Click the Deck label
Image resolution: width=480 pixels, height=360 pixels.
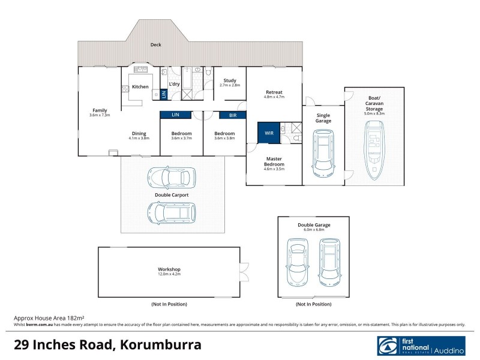point(156,44)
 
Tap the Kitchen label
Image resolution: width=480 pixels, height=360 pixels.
point(140,87)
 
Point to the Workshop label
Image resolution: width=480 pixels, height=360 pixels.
point(169,269)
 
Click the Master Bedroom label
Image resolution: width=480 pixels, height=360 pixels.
point(274,161)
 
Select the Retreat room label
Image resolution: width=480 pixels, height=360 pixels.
point(274,92)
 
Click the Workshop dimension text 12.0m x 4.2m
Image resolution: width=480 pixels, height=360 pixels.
point(169,275)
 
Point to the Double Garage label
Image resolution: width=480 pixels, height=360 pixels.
point(314,225)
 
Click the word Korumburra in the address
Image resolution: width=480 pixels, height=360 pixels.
point(160,345)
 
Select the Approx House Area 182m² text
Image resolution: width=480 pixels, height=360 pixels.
point(49,317)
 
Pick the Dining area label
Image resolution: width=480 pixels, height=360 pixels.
point(139,133)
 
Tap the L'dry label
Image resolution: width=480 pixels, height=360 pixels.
point(175,84)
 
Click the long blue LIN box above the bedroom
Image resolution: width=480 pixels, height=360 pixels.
point(175,114)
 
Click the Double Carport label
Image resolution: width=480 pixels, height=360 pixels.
point(172,195)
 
